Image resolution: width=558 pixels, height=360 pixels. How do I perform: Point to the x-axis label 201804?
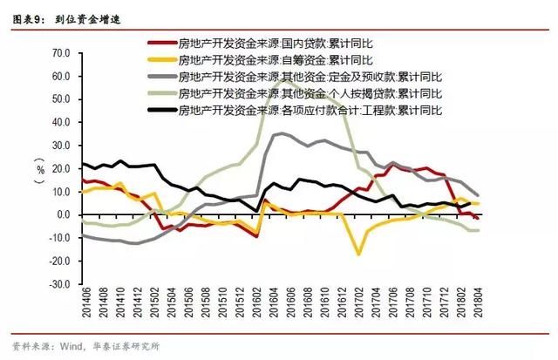(x=477, y=308)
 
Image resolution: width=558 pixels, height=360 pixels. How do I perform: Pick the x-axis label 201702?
(x=357, y=308)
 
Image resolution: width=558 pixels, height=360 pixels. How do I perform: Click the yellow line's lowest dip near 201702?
(x=357, y=255)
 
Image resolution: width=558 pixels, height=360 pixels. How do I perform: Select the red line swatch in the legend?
(x=160, y=43)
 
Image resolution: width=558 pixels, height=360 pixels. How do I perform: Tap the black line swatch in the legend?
(x=160, y=111)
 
